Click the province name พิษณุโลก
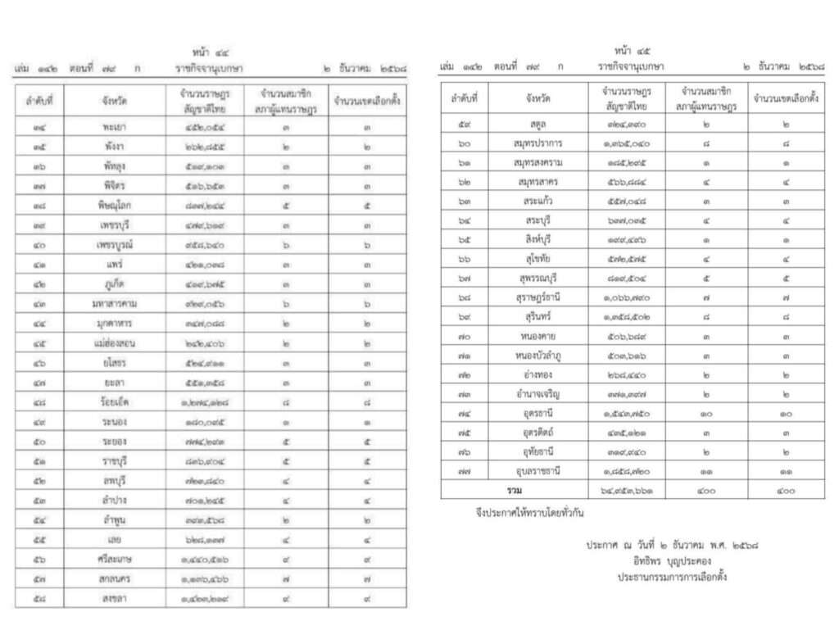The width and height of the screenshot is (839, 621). [x=114, y=205]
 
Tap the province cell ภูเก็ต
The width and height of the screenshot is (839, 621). [x=114, y=283]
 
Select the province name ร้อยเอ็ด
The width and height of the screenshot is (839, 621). [x=114, y=401]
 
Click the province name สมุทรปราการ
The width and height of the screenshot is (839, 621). [x=538, y=143]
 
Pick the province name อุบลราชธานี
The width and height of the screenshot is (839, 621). [x=538, y=470]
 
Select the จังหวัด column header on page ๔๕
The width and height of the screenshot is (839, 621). [x=538, y=98]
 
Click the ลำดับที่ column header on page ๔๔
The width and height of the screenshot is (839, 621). [x=39, y=101]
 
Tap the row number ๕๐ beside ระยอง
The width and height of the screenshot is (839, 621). [x=39, y=441]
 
